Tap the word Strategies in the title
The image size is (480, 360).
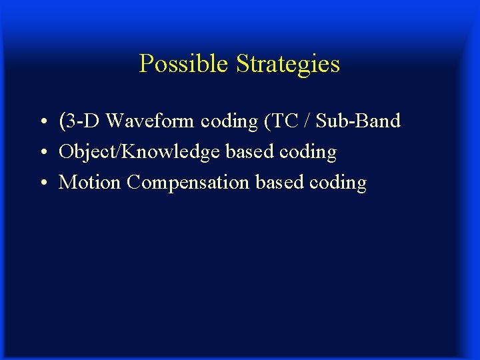pyautogui.click(x=287, y=65)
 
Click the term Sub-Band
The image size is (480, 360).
pyautogui.click(x=358, y=121)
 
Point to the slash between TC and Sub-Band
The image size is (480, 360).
pyautogui.click(x=306, y=121)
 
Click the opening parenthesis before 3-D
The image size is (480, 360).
pyautogui.click(x=62, y=121)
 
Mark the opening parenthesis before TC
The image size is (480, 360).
pyautogui.click(x=268, y=121)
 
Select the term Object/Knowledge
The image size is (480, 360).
pyautogui.click(x=139, y=152)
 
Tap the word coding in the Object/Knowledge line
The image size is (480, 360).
pyautogui.click(x=308, y=153)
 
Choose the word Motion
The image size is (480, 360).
pyautogui.click(x=89, y=182)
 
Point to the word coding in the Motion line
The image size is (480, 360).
pyautogui.click(x=338, y=183)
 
